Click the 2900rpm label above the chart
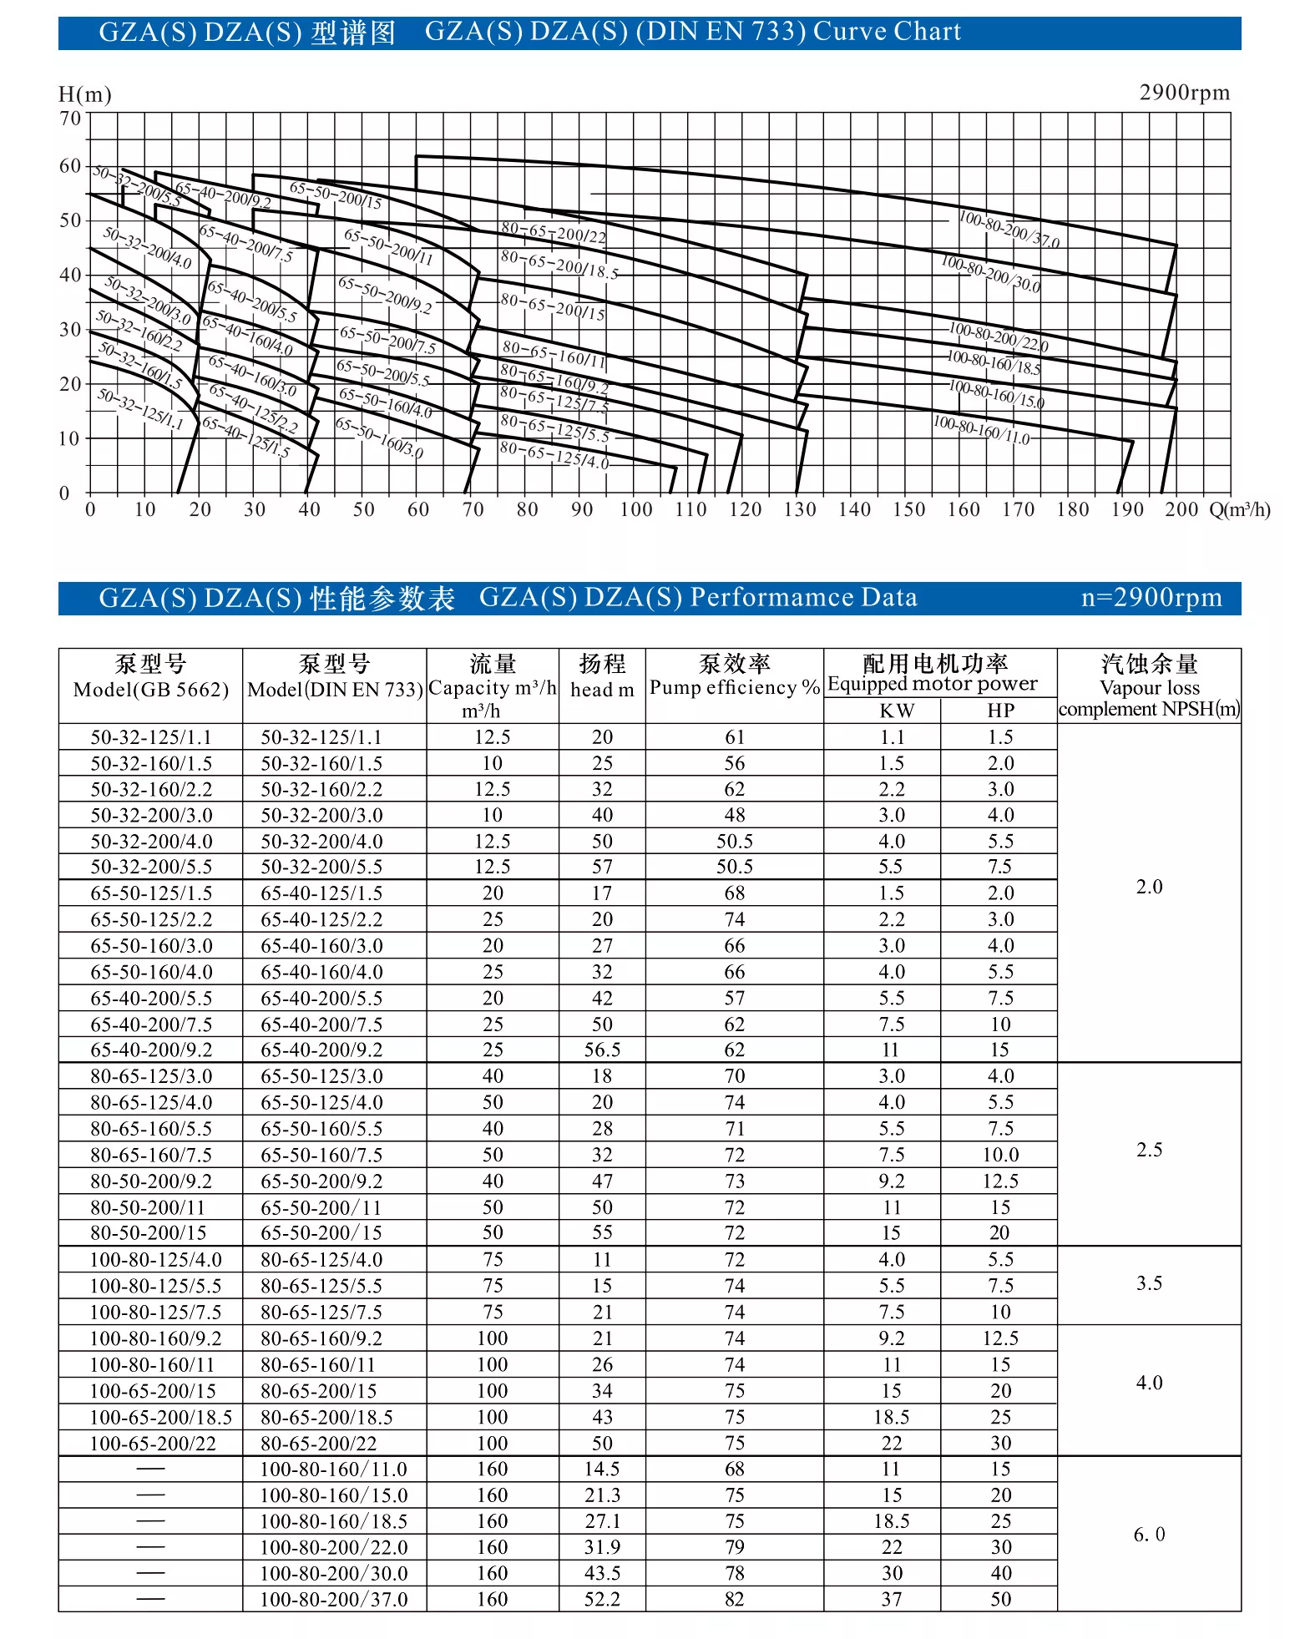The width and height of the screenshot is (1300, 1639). pos(1184,93)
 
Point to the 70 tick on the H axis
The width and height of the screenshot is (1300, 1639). pos(70,119)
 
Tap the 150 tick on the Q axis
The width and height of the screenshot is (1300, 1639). pos(908,509)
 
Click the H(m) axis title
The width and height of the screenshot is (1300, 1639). pos(84,94)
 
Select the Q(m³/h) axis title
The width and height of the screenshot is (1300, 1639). pos(1239,509)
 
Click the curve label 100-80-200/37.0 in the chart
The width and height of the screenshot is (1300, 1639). pos(1009,230)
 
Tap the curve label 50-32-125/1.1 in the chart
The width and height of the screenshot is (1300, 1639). pos(139,408)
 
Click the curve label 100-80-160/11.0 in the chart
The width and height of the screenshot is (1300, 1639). pos(981,429)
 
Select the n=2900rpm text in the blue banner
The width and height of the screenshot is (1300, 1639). pos(1151,598)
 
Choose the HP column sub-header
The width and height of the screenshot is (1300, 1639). pos(1000,711)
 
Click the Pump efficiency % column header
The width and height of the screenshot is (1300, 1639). pos(734,687)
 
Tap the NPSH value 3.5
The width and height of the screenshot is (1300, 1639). pos(1149,1283)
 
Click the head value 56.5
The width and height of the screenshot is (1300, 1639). pos(602,1050)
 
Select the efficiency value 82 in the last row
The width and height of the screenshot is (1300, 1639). pos(734,1599)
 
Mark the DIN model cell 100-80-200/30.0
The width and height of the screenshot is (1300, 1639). pos(334,1573)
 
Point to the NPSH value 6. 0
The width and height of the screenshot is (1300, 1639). pos(1149,1535)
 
